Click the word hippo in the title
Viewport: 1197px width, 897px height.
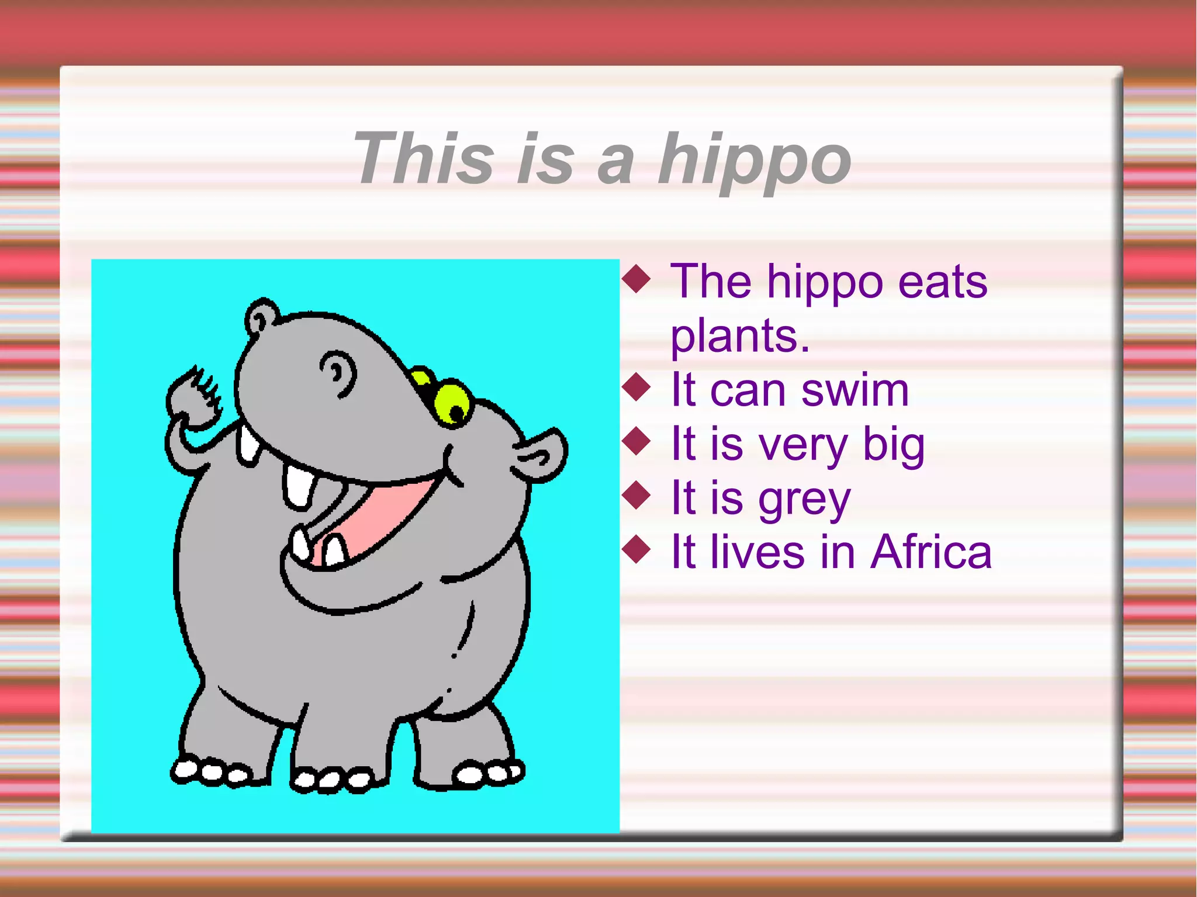(754, 159)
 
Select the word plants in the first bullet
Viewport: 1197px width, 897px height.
(739, 336)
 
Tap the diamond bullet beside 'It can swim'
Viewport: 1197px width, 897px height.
(636, 387)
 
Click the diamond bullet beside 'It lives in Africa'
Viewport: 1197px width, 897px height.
(636, 549)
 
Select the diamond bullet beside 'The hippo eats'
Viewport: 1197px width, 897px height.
(636, 279)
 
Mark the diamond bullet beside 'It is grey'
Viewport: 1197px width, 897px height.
(636, 495)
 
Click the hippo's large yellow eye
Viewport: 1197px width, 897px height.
(454, 403)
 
